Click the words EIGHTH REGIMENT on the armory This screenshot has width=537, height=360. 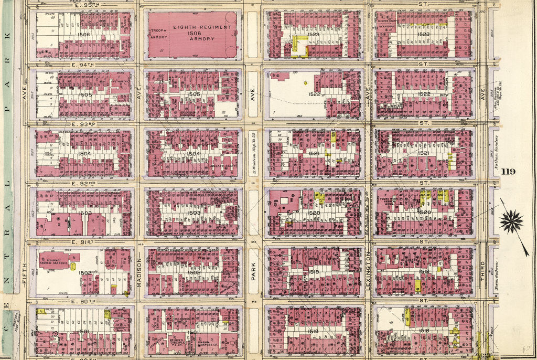pyautogui.click(x=205, y=27)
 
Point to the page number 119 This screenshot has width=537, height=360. pyautogui.click(x=508, y=172)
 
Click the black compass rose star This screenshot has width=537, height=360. pyautogui.click(x=511, y=221)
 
